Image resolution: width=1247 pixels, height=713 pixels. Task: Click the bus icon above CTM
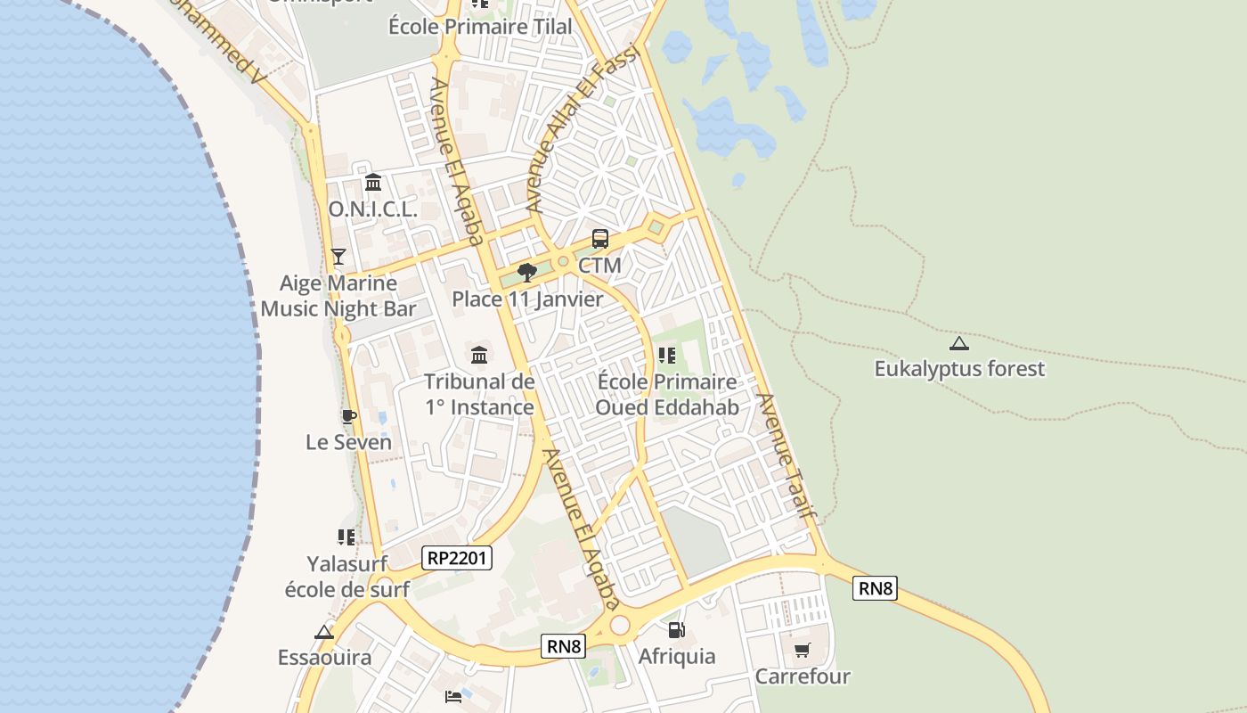[x=600, y=239]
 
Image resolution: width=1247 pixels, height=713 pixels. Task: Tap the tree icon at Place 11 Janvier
[x=527, y=272]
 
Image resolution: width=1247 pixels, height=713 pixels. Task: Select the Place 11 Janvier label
[x=527, y=299]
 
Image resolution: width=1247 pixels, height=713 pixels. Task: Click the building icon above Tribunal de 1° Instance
[x=479, y=355]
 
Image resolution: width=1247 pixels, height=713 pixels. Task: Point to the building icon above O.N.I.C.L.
[x=373, y=183]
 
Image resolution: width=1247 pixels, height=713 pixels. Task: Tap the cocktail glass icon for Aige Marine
[x=338, y=257]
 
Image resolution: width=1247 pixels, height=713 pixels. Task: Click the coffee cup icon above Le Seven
[x=349, y=416]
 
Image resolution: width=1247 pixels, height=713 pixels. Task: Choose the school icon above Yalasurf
[x=346, y=537]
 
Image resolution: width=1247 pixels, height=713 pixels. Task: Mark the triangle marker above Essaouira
[x=324, y=632]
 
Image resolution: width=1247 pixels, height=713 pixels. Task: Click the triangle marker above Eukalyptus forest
[x=959, y=343]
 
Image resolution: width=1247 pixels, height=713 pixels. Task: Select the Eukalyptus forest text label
[x=959, y=369]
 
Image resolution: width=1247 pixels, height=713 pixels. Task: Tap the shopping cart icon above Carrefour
[x=803, y=651]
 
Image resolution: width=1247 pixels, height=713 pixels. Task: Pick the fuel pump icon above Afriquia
[x=677, y=630]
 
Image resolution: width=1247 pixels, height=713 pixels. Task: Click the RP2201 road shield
[x=457, y=558]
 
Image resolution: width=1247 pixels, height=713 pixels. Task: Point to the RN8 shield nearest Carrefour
[x=874, y=587]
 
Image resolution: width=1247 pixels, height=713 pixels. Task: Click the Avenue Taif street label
[x=787, y=455]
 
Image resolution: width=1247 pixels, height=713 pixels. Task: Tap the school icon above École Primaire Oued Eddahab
[x=667, y=356]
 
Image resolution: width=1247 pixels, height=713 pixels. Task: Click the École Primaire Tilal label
[x=480, y=27]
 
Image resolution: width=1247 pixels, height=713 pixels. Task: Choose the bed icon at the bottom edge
[x=453, y=696]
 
